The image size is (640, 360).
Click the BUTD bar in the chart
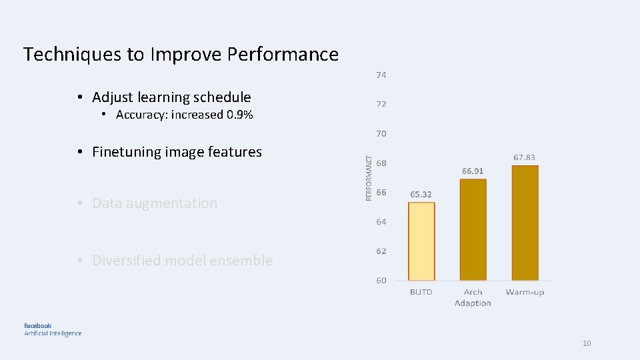tap(421, 241)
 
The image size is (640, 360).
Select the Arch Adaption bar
tap(473, 230)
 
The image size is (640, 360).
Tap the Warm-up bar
tap(525, 223)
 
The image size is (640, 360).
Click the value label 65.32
tap(421, 194)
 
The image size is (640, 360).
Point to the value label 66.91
tap(473, 171)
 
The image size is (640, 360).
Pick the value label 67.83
tap(524, 157)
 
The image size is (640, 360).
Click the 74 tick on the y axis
tap(381, 75)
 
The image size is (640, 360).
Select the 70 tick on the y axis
tap(381, 133)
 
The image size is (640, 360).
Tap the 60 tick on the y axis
tap(381, 280)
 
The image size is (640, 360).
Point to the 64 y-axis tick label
tap(381, 221)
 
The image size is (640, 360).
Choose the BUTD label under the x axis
tap(421, 292)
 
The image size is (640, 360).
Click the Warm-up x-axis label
tap(525, 292)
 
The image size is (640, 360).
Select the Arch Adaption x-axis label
tap(473, 297)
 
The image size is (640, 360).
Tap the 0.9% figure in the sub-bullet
tap(239, 115)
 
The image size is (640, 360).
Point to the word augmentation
tap(177, 203)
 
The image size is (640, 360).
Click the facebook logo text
tap(38, 325)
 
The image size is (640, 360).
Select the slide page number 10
tap(587, 343)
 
